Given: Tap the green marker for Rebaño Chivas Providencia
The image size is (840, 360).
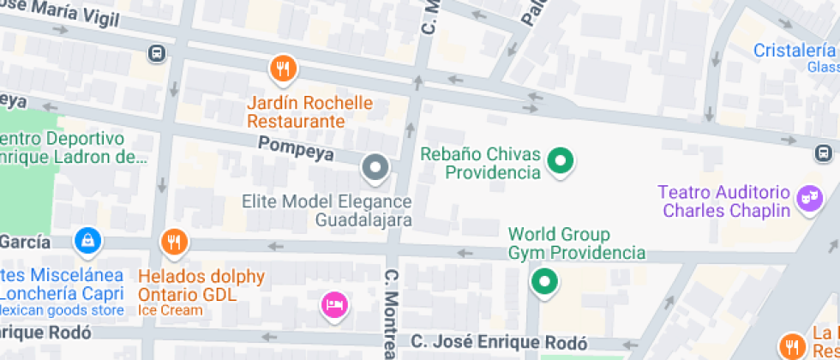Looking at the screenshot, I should click(x=561, y=160).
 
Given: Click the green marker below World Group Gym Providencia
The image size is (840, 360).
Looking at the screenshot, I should click(x=543, y=281).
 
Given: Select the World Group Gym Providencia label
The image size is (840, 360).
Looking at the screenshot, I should click(x=576, y=243).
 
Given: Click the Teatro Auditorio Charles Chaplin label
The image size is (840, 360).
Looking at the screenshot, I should click(x=723, y=201).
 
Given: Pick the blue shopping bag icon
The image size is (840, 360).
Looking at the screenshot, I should click(x=88, y=241).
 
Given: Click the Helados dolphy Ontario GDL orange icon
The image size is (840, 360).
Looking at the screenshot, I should click(x=174, y=243).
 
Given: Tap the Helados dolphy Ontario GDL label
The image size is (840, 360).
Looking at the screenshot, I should click(x=201, y=285).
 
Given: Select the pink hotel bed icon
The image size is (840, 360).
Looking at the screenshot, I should click(x=333, y=304).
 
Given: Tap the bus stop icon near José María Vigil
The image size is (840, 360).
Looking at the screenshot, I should click(x=157, y=53).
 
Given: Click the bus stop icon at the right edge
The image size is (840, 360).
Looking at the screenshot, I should click(x=822, y=153).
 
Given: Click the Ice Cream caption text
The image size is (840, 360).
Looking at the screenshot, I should click(x=171, y=310).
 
